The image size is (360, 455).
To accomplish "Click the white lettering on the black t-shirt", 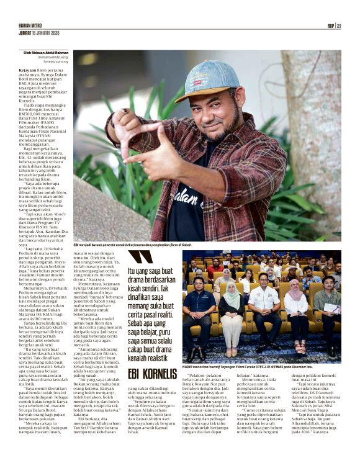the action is (198, 204).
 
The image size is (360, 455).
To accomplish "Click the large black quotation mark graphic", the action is (142, 257).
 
